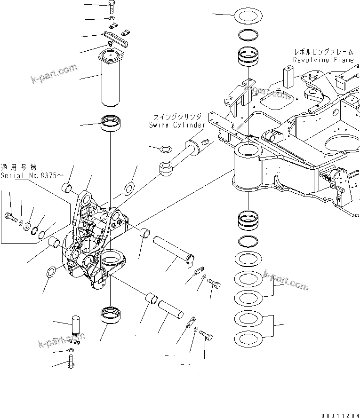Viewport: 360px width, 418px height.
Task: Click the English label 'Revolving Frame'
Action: [x=323, y=60]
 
